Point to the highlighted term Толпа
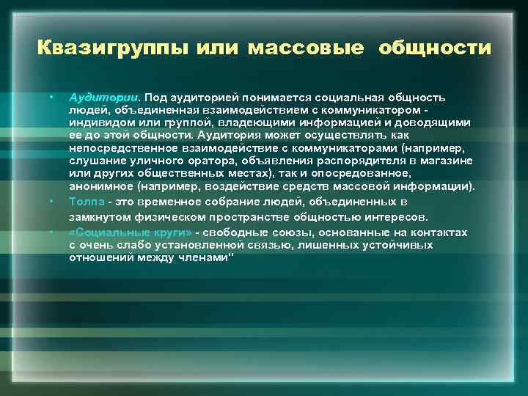point(84,201)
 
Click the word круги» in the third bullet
point(173,232)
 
